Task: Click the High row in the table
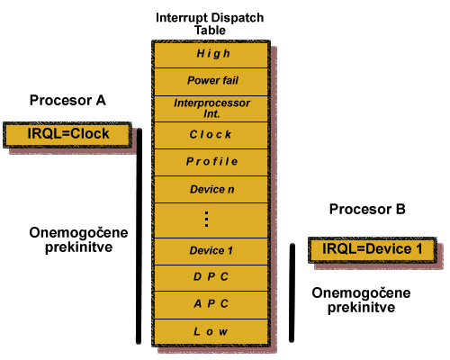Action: click(x=211, y=54)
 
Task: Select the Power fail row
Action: click(x=211, y=82)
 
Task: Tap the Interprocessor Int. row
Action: click(x=211, y=109)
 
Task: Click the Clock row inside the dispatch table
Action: click(x=211, y=135)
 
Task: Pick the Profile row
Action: click(x=211, y=162)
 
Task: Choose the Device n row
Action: click(x=211, y=190)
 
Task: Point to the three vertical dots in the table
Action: click(x=206, y=220)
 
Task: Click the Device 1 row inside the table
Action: click(x=211, y=251)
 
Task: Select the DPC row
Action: click(x=211, y=278)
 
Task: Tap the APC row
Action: click(x=211, y=305)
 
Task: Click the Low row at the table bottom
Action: click(x=211, y=332)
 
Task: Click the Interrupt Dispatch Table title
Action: click(x=210, y=23)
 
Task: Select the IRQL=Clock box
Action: click(x=67, y=135)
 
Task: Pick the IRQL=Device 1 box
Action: click(x=373, y=250)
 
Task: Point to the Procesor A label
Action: click(x=67, y=100)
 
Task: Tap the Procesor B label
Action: click(x=367, y=209)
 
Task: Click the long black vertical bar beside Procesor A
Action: click(x=139, y=236)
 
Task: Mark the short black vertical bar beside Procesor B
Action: click(x=292, y=292)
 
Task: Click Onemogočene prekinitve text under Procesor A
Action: click(x=78, y=240)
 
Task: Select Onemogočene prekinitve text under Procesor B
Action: click(x=361, y=301)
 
